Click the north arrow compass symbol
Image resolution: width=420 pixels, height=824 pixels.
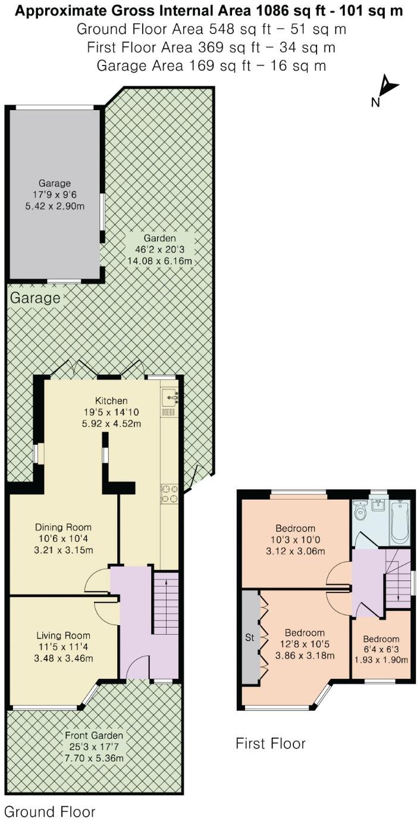click(386, 89)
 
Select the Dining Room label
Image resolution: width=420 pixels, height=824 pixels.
click(63, 538)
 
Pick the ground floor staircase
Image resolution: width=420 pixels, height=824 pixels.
click(165, 603)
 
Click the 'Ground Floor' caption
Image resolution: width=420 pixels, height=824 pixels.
click(49, 811)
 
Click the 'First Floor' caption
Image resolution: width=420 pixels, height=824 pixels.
click(271, 743)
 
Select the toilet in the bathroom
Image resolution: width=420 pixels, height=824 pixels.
click(359, 511)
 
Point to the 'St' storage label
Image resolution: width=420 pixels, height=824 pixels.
click(250, 637)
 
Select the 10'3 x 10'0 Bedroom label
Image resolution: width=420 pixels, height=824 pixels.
click(295, 539)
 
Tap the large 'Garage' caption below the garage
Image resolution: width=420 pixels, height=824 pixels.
click(35, 297)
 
